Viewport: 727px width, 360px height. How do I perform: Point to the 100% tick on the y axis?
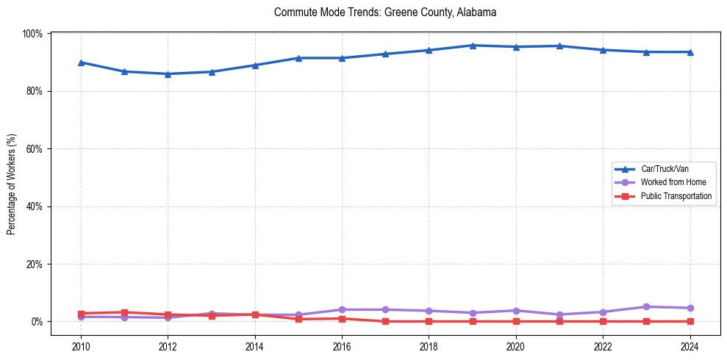tap(32, 34)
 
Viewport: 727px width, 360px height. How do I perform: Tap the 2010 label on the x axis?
tap(81, 345)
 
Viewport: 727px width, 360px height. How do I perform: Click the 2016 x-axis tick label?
tap(342, 345)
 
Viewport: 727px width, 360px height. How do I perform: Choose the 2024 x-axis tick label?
tap(690, 345)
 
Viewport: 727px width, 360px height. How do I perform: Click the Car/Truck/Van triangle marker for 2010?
tap(81, 62)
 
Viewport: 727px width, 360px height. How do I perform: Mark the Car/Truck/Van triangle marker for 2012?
tap(168, 73)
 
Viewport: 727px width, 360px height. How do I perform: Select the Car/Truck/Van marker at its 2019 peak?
tap(473, 46)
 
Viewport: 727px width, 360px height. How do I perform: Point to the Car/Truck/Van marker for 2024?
tap(690, 52)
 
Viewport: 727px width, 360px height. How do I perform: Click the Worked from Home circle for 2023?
tap(646, 307)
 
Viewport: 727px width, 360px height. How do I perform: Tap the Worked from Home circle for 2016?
tap(342, 310)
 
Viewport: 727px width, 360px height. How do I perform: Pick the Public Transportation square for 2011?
tap(124, 312)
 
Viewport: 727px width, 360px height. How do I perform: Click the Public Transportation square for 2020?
tap(516, 322)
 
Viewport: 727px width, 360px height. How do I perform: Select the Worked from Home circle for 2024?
tap(690, 308)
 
